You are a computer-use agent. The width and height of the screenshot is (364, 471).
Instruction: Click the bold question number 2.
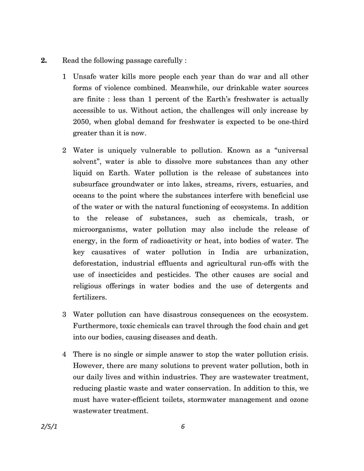point(44,61)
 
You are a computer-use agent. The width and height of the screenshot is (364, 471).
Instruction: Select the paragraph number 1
point(64,77)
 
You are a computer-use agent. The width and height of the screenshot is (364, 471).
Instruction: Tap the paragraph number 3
point(64,315)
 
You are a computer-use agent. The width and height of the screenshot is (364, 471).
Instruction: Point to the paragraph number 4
point(64,354)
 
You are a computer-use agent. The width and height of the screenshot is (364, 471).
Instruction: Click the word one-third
point(293,122)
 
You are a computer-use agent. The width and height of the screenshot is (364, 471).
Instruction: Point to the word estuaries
point(276,184)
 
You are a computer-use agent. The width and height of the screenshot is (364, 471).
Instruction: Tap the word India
point(230,252)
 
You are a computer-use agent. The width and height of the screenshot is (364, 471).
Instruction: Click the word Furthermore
point(95,326)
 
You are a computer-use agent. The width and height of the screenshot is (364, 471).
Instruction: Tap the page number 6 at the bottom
point(183,427)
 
